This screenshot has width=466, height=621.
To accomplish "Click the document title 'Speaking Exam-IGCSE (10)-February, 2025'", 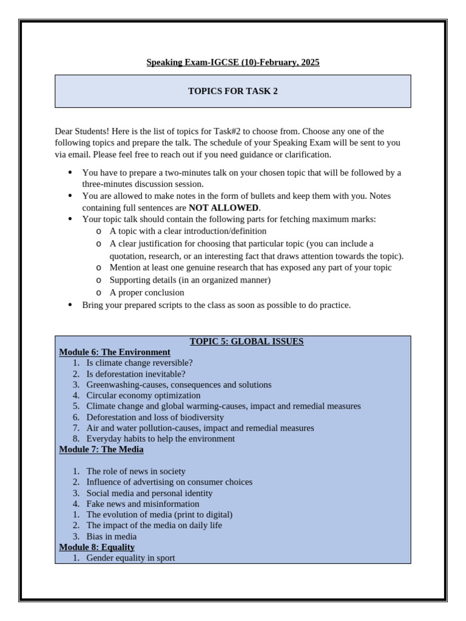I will point(233,62).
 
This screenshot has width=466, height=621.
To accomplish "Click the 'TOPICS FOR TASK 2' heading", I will point(233,92).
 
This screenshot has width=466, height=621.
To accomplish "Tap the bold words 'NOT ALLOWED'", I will point(223,208).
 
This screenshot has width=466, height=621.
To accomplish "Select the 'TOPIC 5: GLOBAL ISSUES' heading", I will point(246,341).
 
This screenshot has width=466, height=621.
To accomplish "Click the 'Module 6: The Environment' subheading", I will point(115,352).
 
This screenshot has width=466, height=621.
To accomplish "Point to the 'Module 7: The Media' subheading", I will point(101,449).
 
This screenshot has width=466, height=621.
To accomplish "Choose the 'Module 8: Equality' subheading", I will point(96,547).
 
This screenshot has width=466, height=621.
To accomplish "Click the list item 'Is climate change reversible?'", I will point(140,363).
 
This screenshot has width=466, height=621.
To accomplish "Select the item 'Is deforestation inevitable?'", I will point(136,374).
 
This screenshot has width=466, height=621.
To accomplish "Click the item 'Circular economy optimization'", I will point(143,395).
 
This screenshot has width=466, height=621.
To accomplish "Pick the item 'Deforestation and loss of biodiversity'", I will point(155,417).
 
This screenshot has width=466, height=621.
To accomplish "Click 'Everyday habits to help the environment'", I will point(160,438).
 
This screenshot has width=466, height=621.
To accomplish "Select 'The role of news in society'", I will point(136,471).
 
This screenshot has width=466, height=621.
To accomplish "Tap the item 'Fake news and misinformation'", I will point(143,504).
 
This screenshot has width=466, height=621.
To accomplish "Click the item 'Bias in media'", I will point(111,537).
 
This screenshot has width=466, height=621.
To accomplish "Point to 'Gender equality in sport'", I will point(130,558).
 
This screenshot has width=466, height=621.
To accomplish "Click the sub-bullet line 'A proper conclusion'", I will point(147,292).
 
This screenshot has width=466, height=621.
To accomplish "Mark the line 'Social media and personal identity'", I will point(149,493).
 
